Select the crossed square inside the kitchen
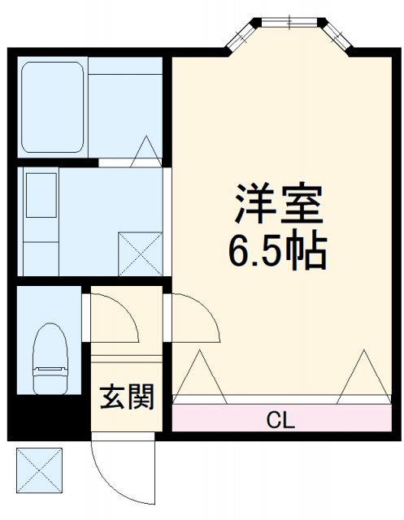pyautogui.click(x=139, y=253)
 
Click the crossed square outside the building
pyautogui.click(x=40, y=470)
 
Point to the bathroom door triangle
pyautogui.click(x=146, y=149)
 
